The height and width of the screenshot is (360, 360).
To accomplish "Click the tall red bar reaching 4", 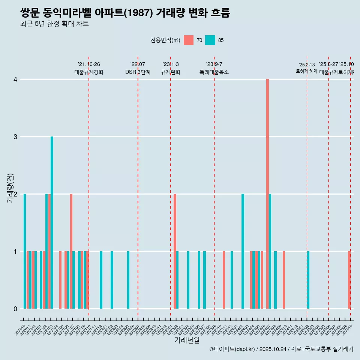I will click(267, 194).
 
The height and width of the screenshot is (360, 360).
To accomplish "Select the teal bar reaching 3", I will click(52, 222).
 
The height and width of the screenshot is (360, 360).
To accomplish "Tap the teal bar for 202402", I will click(243, 251).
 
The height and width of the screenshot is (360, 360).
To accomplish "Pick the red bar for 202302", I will click(175, 251).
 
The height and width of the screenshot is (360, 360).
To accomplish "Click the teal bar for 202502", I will click(308, 280).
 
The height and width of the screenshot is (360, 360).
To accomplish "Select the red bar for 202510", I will click(349, 280).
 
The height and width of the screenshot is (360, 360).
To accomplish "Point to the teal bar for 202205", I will click(128, 280).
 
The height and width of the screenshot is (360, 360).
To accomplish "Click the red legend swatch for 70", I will click(189, 40).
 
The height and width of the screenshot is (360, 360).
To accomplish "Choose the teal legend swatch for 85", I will click(210, 40).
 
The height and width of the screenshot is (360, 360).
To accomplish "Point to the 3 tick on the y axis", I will click(15, 137).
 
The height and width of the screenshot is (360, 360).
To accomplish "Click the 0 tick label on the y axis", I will click(15, 309).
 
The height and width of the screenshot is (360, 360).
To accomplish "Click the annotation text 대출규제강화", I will click(89, 72).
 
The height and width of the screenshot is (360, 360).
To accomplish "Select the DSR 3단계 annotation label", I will click(138, 72).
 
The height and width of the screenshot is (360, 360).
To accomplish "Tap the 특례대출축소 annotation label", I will click(214, 72).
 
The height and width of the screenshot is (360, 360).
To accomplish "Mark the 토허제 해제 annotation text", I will click(306, 71).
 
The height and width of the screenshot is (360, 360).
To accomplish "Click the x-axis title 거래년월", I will click(187, 340).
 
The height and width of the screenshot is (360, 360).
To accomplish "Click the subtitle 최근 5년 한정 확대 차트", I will click(54, 24).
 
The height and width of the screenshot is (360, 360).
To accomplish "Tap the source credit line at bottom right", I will click(281, 349).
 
